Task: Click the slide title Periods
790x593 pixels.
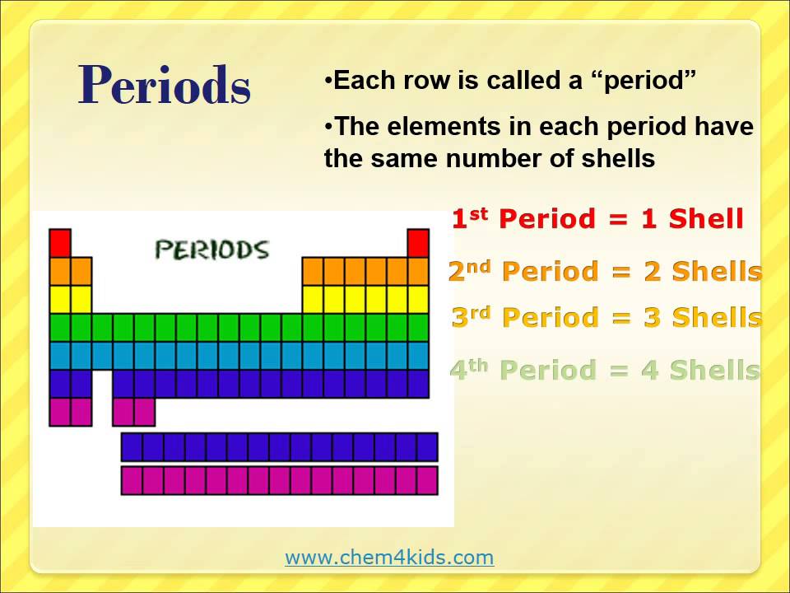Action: click(165, 85)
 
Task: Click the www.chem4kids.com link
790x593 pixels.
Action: click(389, 558)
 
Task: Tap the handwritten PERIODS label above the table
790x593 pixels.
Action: click(212, 250)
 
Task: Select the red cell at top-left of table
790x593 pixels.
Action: click(60, 243)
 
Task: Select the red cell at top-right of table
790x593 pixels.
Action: click(418, 243)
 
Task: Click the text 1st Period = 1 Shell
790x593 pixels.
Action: click(597, 219)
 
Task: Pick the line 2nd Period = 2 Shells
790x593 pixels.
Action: click(605, 271)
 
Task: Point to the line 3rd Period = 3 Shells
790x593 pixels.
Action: click(606, 317)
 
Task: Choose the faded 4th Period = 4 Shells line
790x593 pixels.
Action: click(605, 370)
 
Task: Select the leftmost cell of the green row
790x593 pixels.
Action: click(60, 327)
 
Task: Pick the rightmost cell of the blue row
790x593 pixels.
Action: click(418, 356)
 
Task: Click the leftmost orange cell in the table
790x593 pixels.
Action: click(60, 271)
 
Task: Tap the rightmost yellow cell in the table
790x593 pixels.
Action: click(418, 299)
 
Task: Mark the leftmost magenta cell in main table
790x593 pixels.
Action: click(60, 412)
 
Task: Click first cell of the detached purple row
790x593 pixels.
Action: click(132, 446)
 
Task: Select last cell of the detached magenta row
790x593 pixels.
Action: click(426, 480)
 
